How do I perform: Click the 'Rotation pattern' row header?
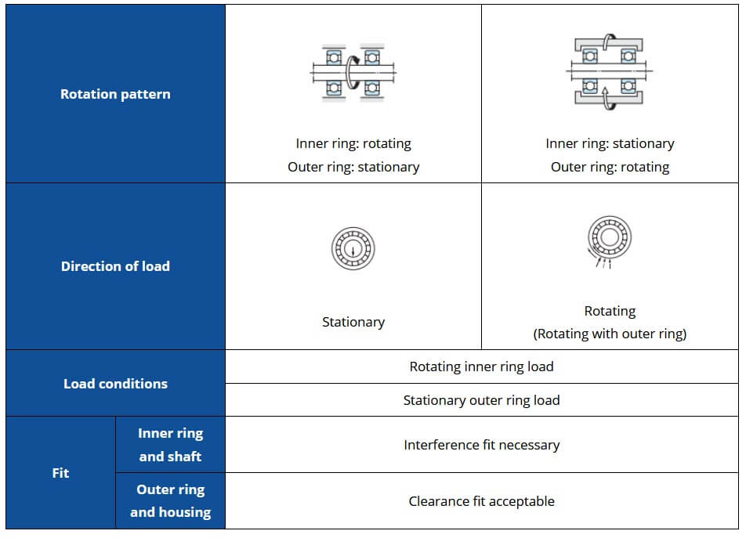click(x=115, y=94)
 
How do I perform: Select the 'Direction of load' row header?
click(x=115, y=266)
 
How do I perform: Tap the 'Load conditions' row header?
click(x=115, y=384)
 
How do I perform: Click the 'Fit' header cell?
click(x=60, y=473)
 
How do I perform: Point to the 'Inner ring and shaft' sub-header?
click(x=170, y=445)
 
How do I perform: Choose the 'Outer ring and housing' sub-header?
click(x=170, y=501)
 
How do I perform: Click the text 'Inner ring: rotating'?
click(x=353, y=143)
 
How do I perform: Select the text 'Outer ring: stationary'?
click(x=353, y=168)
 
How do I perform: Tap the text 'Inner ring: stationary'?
click(x=610, y=143)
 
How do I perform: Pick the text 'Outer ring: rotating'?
click(x=610, y=168)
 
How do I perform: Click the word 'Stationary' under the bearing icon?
click(x=353, y=322)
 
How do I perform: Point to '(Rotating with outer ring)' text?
click(x=610, y=334)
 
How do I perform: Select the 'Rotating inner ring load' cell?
click(x=481, y=366)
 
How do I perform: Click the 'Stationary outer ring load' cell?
click(x=481, y=400)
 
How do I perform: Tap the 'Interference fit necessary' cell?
click(x=481, y=445)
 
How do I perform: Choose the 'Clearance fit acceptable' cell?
click(x=481, y=501)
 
